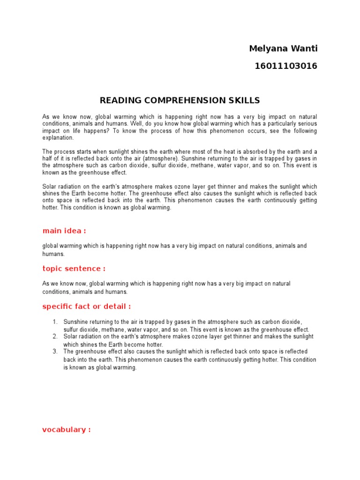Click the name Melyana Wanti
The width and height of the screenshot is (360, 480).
[x=283, y=49]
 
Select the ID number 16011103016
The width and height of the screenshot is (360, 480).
[x=285, y=66]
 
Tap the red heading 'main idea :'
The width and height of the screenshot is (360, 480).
[x=64, y=231]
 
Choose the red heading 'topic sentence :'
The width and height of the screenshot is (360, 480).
[x=74, y=269]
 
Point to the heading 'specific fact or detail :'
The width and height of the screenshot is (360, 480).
[x=86, y=307]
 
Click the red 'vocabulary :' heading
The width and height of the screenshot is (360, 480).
[x=66, y=430]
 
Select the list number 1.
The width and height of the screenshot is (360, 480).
[x=54, y=322]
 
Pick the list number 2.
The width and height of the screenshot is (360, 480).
[x=54, y=337]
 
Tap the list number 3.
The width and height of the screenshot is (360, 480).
[x=54, y=352]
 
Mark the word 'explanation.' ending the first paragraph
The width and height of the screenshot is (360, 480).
[x=58, y=138]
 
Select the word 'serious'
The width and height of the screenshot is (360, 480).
[x=307, y=124]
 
